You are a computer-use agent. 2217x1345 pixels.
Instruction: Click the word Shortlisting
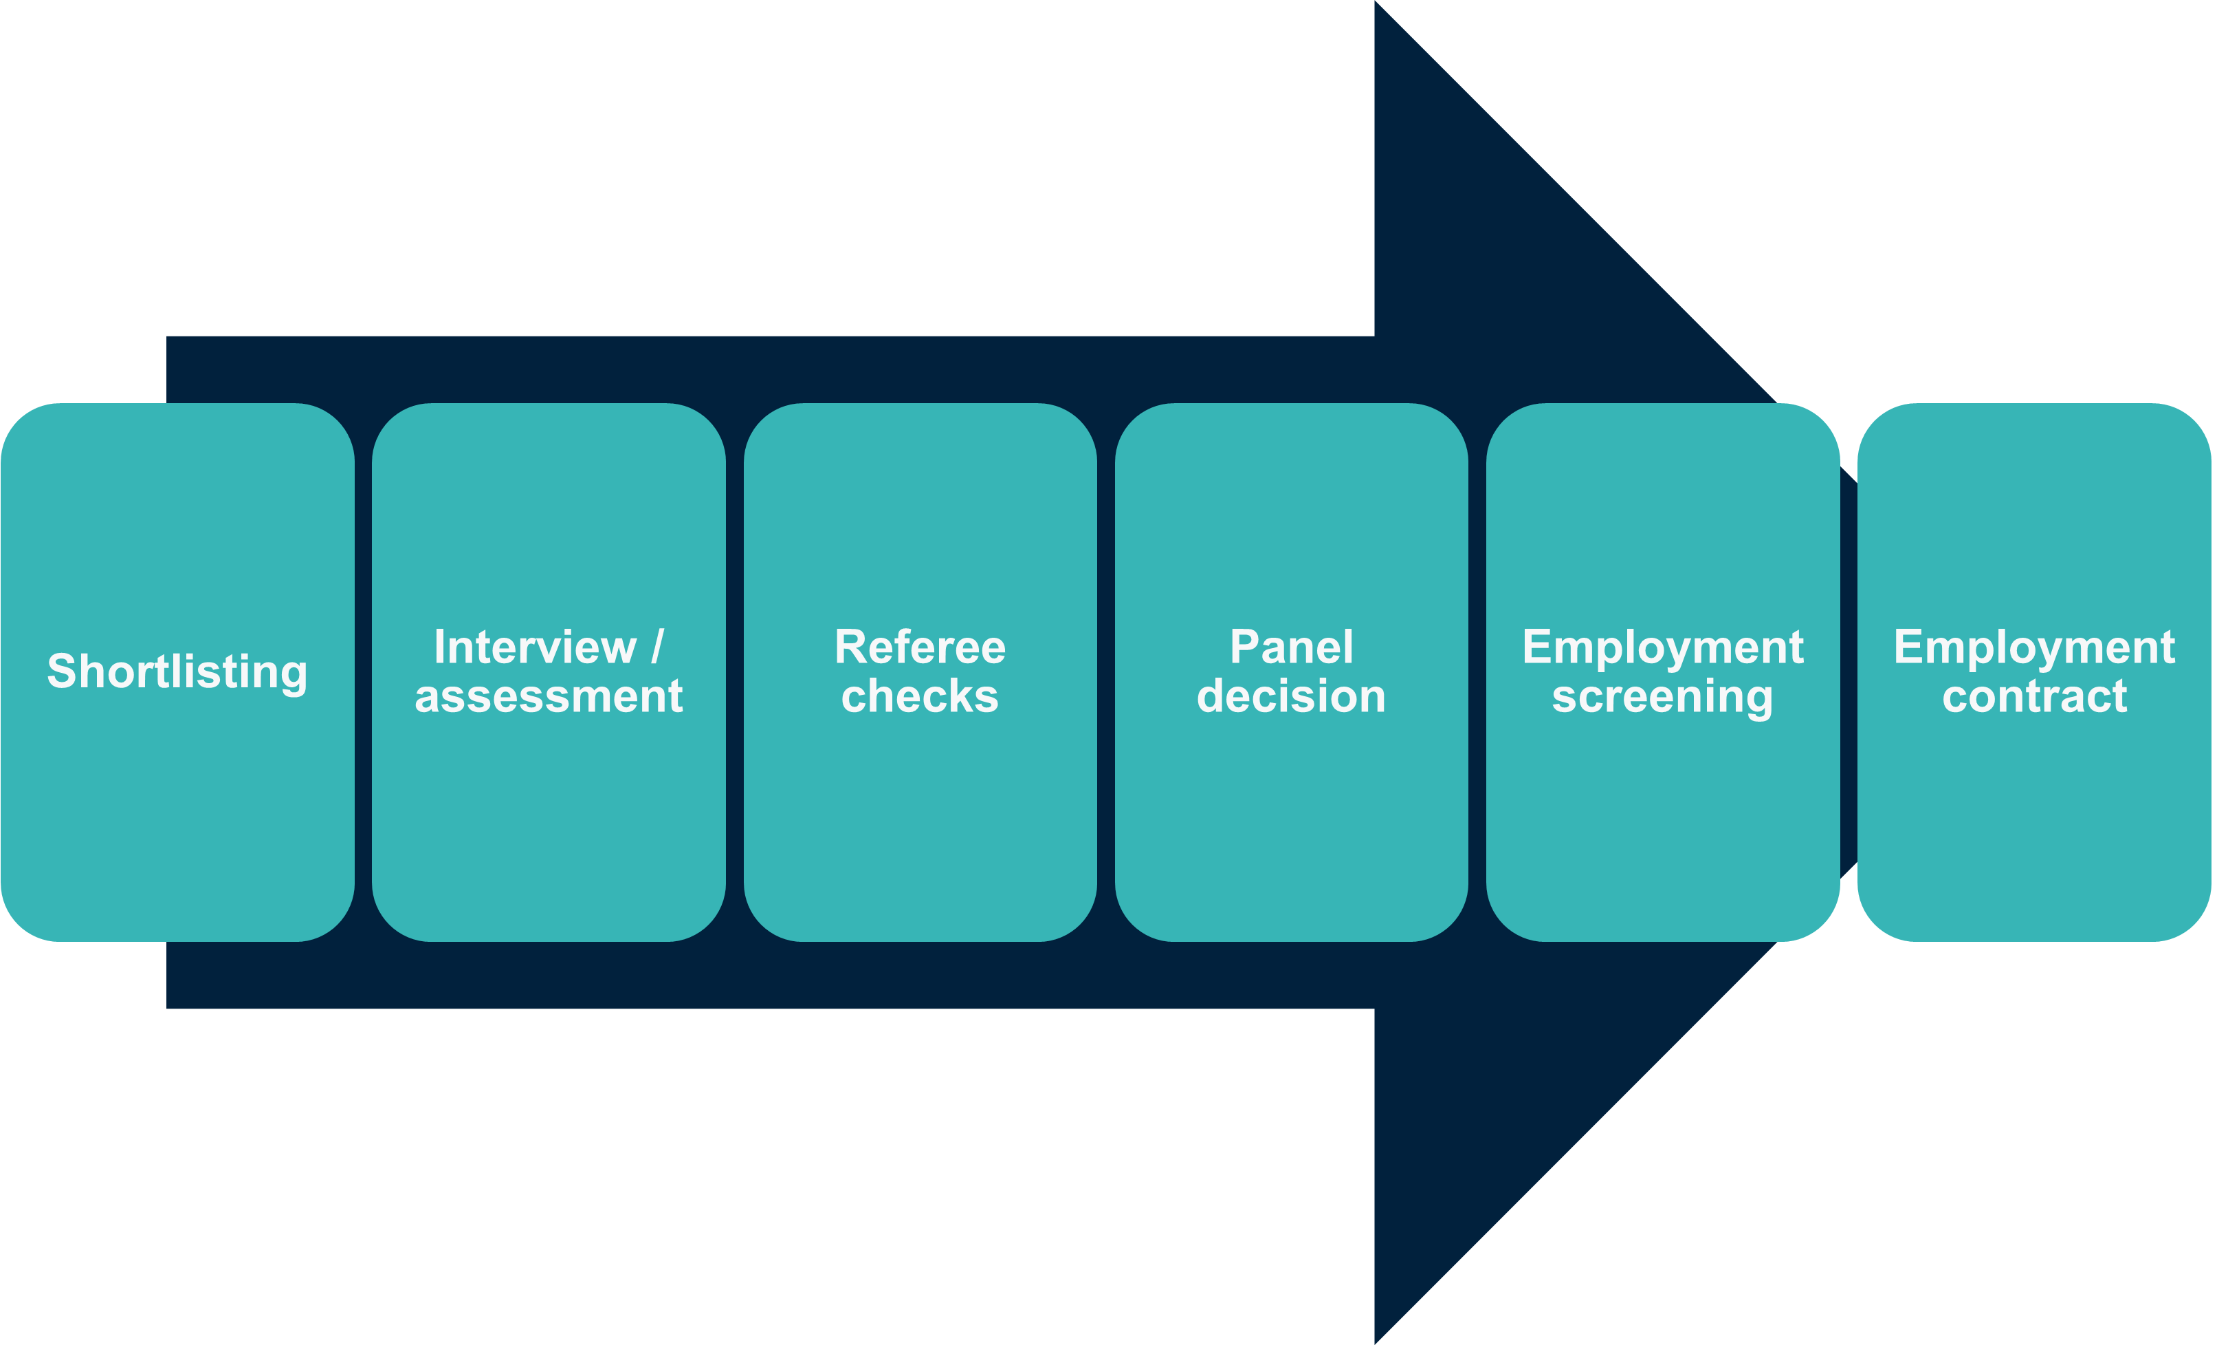tap(177, 671)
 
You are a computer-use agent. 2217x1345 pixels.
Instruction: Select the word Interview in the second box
tap(534, 647)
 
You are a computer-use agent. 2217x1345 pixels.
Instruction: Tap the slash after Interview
tap(657, 647)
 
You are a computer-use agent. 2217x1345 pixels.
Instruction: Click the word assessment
tap(549, 697)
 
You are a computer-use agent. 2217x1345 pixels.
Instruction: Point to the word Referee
tap(920, 647)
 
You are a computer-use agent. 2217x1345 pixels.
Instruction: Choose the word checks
tap(920, 697)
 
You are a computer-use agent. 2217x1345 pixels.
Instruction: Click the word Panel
tap(1291, 647)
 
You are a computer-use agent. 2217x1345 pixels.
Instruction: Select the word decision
tap(1291, 697)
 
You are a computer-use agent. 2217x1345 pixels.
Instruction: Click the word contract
tap(2034, 697)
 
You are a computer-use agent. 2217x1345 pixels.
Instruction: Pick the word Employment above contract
tap(2034, 649)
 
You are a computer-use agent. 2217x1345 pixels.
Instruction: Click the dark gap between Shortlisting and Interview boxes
tap(364, 671)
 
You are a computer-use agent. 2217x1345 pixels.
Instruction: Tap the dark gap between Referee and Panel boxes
tap(1106, 671)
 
